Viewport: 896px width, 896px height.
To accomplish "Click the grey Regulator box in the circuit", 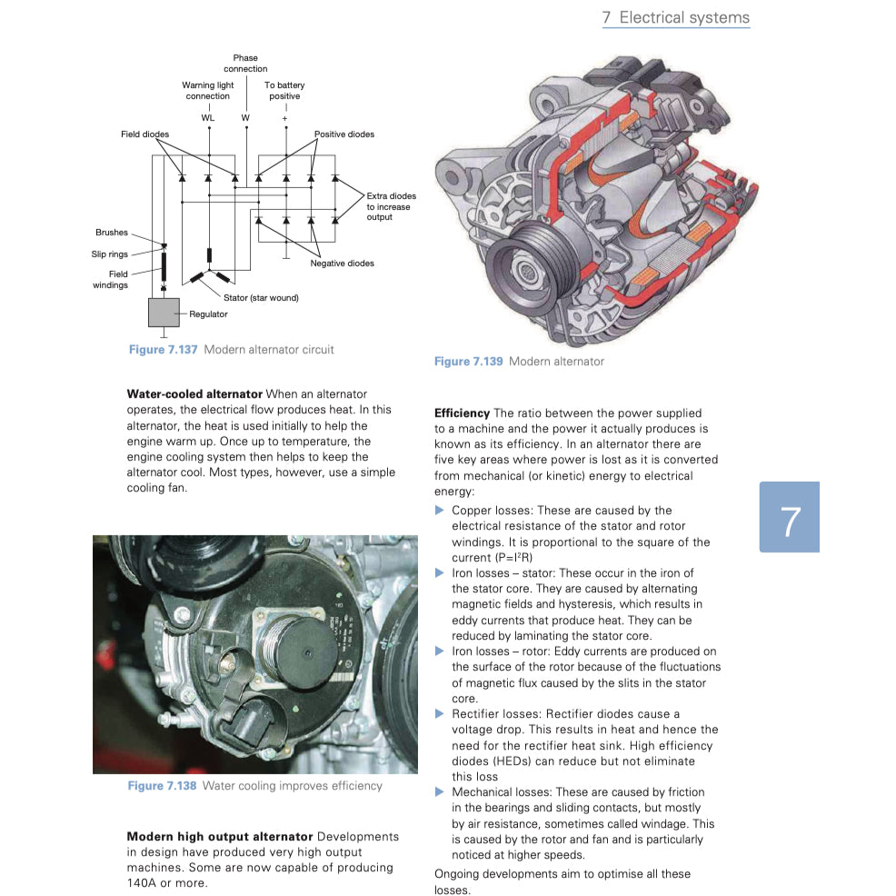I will click(x=164, y=313).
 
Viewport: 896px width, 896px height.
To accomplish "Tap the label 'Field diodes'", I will click(x=144, y=134).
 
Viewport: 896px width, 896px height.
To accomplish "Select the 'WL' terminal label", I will click(x=208, y=118).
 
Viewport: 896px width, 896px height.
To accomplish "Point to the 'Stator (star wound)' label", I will click(x=261, y=297).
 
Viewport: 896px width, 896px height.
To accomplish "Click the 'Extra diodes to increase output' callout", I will click(x=391, y=206).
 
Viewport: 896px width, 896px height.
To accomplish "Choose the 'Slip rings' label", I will click(x=109, y=254).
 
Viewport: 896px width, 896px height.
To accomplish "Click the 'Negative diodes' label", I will click(x=342, y=264).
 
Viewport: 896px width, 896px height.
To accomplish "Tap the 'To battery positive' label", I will click(x=284, y=91).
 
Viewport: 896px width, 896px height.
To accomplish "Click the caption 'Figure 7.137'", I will click(x=164, y=350).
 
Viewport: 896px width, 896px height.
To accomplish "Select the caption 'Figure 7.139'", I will click(x=468, y=362).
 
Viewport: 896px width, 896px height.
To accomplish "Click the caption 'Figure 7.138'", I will click(x=162, y=786).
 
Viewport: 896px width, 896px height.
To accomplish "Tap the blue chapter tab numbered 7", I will click(x=789, y=518).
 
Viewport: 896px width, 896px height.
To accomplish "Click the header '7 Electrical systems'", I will click(x=676, y=18).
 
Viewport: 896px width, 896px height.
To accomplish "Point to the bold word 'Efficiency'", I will click(x=462, y=413).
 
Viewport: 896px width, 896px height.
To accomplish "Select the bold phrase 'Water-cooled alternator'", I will click(x=194, y=394).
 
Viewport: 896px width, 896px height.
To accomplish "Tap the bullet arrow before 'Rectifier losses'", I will click(x=440, y=714).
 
